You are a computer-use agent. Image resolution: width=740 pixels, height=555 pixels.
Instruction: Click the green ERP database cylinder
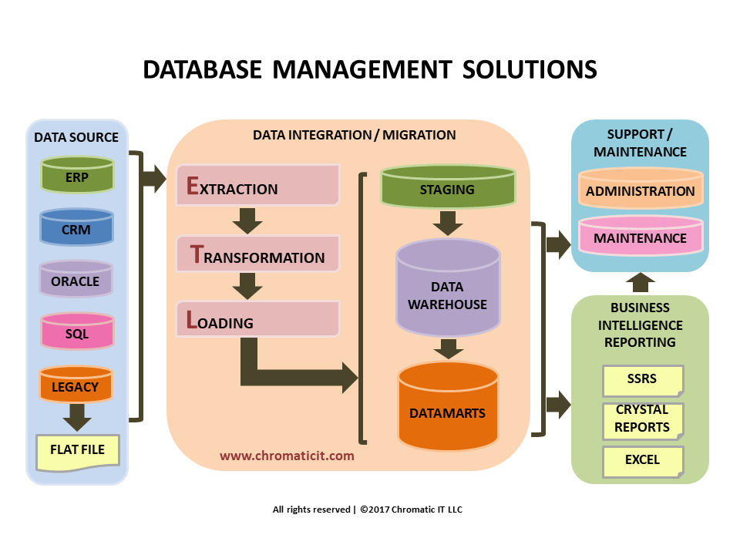point(77,175)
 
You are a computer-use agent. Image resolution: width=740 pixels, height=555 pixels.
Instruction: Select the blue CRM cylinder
point(76,229)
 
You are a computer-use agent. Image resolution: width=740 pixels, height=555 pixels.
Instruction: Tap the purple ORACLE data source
point(76,280)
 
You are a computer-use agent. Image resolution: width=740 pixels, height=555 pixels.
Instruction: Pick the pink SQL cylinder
point(76,333)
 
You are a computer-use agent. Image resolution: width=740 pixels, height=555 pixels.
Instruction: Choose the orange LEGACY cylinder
point(76,385)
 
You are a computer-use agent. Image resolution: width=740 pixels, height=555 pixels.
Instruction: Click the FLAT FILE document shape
point(77,451)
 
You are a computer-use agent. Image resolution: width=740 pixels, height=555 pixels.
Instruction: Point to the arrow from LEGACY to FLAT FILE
point(76,418)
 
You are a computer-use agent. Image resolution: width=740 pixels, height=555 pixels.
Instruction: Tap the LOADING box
point(257,320)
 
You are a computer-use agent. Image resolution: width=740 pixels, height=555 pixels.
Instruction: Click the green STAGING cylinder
point(447,187)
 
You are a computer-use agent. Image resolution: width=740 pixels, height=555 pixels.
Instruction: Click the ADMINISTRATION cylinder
point(640,190)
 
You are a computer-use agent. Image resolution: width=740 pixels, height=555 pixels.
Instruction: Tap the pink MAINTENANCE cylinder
point(640,237)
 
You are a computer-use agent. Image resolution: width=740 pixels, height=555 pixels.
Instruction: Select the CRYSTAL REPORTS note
point(642,420)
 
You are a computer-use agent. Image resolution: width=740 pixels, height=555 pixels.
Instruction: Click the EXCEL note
point(642,461)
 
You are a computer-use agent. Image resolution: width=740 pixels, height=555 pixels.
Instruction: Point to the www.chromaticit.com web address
point(287,456)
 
